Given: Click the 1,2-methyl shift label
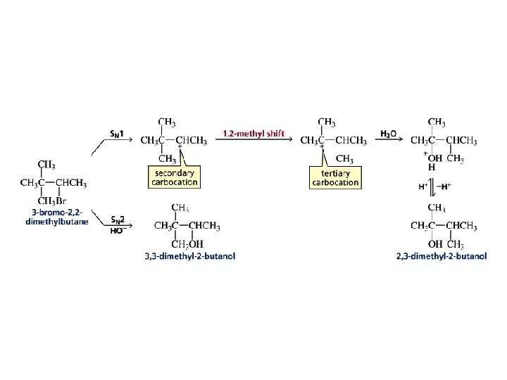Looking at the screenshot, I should (254, 132).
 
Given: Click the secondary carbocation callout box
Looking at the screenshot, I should (175, 177).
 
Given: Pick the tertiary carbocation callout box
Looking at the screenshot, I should (335, 177).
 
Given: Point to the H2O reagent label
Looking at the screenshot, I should (388, 133).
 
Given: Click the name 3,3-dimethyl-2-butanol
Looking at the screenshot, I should (190, 256).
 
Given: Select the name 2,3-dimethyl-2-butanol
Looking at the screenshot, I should (442, 256).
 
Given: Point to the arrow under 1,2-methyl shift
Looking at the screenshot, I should (254, 140).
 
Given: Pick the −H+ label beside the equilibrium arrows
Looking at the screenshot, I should (445, 186).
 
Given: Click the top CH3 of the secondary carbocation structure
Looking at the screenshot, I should (167, 122).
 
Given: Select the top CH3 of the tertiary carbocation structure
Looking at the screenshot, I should (327, 122).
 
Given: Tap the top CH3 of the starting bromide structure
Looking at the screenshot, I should (46, 165).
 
